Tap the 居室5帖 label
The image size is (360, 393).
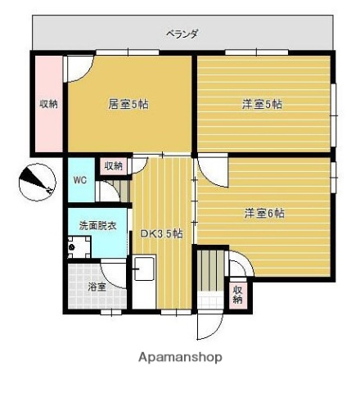[x=128, y=104]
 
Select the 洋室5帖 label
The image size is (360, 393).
[x=262, y=104]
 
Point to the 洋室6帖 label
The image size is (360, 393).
[x=263, y=213]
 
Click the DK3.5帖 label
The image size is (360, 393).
[x=161, y=234]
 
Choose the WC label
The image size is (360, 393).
[x=80, y=180]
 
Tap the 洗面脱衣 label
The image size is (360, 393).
[x=97, y=225]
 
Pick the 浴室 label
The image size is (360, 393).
[x=97, y=287]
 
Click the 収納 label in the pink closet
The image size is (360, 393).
[x=48, y=104]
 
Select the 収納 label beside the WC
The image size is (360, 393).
[x=113, y=165]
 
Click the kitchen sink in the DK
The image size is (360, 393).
[x=144, y=271]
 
